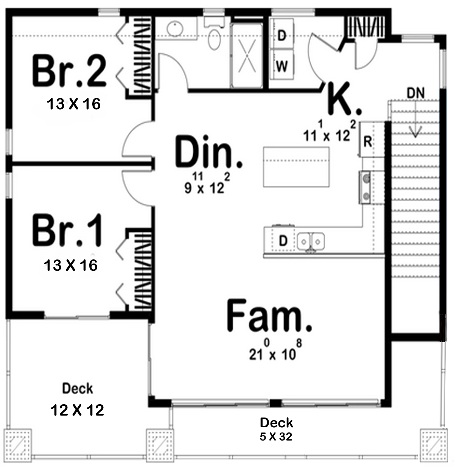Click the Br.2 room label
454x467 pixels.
pyautogui.click(x=69, y=71)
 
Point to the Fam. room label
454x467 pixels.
pyautogui.click(x=269, y=315)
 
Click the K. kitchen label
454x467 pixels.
pyautogui.click(x=344, y=99)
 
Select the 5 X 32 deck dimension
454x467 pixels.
pyautogui.click(x=276, y=436)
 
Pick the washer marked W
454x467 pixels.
pyautogui.click(x=282, y=64)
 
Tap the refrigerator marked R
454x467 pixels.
pyautogui.click(x=368, y=140)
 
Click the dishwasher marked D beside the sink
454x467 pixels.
pyautogui.click(x=283, y=240)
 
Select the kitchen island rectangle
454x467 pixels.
pyautogui.click(x=296, y=167)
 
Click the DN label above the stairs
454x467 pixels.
pyautogui.click(x=415, y=93)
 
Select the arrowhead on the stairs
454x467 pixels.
pyautogui.click(x=415, y=133)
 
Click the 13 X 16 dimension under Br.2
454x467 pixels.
pyautogui.click(x=73, y=104)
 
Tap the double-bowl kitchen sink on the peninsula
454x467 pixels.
pyautogui.click(x=311, y=241)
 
